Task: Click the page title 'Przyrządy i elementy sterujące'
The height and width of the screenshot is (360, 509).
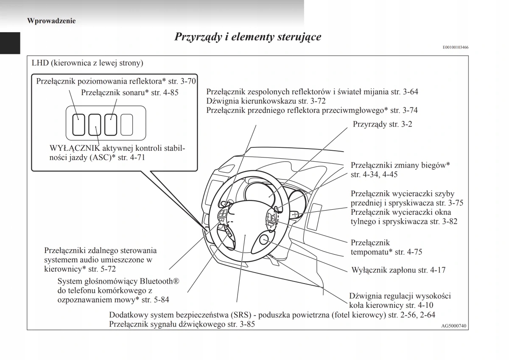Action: click(x=248, y=37)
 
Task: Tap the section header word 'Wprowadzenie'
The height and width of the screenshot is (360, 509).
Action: click(x=51, y=20)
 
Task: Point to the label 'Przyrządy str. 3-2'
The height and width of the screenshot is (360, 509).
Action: click(x=382, y=124)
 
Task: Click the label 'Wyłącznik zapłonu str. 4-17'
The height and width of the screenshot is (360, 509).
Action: click(x=398, y=270)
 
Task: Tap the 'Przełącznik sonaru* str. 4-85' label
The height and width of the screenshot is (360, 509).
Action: click(x=129, y=92)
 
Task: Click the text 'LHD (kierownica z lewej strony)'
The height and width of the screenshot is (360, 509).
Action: click(x=87, y=63)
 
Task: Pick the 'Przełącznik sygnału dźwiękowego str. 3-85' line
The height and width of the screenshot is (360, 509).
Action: click(x=182, y=324)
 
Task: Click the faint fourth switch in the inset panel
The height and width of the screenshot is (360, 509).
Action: click(x=127, y=124)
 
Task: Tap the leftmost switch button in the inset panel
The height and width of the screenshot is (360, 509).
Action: click(x=78, y=124)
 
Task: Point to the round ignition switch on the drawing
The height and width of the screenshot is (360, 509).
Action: click(x=265, y=240)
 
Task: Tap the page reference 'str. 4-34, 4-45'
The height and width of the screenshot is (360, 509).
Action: click(x=374, y=174)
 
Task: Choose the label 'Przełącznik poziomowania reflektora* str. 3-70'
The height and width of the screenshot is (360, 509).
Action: click(x=116, y=81)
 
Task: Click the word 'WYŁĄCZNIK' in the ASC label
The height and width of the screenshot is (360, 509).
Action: click(x=75, y=148)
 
